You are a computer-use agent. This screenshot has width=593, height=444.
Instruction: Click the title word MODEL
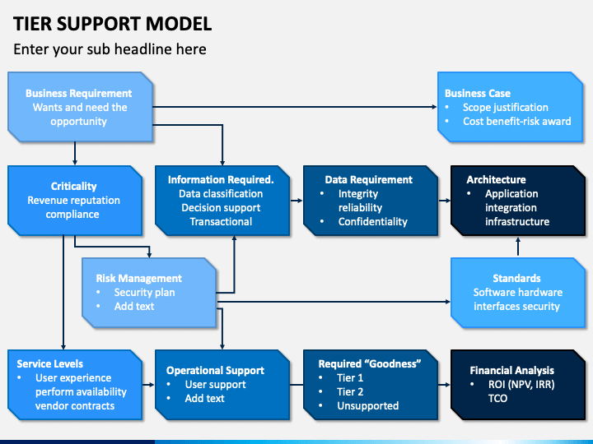pos(179,24)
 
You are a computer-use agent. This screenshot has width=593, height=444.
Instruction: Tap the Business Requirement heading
pos(79,93)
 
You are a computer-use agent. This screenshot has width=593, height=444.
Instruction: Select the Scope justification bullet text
pos(505,108)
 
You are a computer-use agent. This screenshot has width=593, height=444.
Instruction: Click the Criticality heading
pos(74,186)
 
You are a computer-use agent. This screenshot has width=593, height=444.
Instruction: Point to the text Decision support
pos(221,208)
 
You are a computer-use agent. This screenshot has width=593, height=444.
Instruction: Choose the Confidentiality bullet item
pos(372,222)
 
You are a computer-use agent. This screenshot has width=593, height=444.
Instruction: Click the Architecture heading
pos(496,180)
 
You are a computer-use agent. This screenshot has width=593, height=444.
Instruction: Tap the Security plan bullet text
pos(144,293)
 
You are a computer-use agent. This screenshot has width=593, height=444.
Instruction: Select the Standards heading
pos(516,278)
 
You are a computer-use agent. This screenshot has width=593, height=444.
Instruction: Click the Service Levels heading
pos(50,364)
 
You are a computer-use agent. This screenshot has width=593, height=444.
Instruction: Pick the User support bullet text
pos(215,385)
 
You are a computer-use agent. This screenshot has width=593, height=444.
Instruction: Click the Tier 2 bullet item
pos(350,392)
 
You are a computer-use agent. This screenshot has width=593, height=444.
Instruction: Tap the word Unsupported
pos(368,406)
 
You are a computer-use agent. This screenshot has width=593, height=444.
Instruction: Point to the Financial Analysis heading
pos(511,370)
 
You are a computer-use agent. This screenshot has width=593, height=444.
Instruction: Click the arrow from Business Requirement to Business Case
pos(295,107)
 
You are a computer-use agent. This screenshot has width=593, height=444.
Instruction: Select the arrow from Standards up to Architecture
pos(518,247)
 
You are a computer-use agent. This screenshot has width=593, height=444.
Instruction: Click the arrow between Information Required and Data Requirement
pos(296,201)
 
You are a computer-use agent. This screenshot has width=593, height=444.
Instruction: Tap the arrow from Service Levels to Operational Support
pos(148,385)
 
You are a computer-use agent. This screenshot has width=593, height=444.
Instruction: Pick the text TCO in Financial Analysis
pos(497,399)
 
